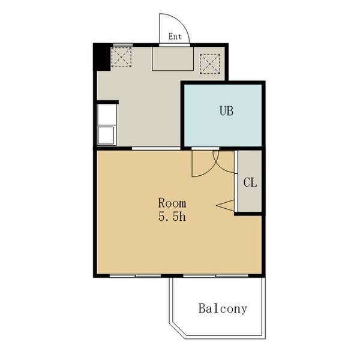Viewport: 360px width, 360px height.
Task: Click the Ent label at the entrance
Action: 175,37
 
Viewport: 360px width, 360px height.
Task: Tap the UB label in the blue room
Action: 226,110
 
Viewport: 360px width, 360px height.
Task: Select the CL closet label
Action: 250,183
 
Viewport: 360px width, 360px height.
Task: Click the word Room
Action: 172,203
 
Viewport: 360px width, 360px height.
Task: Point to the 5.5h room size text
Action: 172,217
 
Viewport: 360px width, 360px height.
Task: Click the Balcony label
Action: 223,308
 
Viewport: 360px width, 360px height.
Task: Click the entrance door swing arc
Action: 182,22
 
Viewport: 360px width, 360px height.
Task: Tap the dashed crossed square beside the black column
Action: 121,57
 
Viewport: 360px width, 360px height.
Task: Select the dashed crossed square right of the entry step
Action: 210,64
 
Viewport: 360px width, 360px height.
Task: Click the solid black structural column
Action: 101,57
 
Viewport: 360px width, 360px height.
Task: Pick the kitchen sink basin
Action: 106,135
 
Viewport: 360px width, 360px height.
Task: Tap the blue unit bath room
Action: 223,115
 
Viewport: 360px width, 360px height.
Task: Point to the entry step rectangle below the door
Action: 173,59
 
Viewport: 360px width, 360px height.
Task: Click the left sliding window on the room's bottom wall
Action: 135,275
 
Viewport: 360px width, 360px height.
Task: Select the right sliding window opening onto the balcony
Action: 216,275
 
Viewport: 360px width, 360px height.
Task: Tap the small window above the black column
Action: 123,44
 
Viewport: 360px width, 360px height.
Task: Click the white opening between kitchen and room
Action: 156,149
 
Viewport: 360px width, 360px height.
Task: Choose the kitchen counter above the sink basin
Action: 107,115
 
